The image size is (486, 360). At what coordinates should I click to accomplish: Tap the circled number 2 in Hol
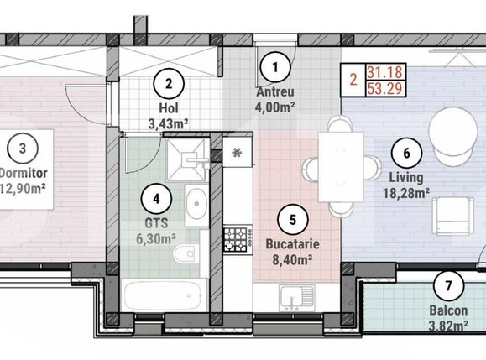pyautogui.click(x=169, y=83)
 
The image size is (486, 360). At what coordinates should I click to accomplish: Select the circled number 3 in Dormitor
pyautogui.click(x=23, y=149)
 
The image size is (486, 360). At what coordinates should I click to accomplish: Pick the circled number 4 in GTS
pyautogui.click(x=156, y=200)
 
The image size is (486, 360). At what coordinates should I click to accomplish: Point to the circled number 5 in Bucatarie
pyautogui.click(x=292, y=221)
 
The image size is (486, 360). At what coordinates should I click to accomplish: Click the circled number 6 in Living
pyautogui.click(x=407, y=154)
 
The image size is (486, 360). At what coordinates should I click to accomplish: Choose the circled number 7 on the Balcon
pyautogui.click(x=448, y=286)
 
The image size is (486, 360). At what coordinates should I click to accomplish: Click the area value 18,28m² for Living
pyautogui.click(x=407, y=192)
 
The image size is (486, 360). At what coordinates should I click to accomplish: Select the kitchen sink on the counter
pyautogui.click(x=295, y=297)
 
